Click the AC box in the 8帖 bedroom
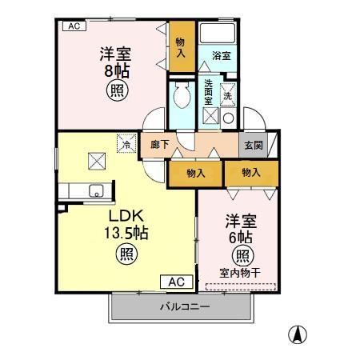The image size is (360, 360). pos(73,26)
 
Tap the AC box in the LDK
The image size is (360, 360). pos(178,282)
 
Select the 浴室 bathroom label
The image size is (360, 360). pos(222,56)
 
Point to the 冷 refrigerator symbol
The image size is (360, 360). pos(126,145)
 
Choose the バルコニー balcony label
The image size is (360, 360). pos(185,306)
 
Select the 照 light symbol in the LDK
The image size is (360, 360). pos(127,254)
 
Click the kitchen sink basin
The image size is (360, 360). pos(96,191)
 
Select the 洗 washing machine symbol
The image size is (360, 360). pos(227,94)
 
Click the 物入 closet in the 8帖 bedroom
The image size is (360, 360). pos(180,47)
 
